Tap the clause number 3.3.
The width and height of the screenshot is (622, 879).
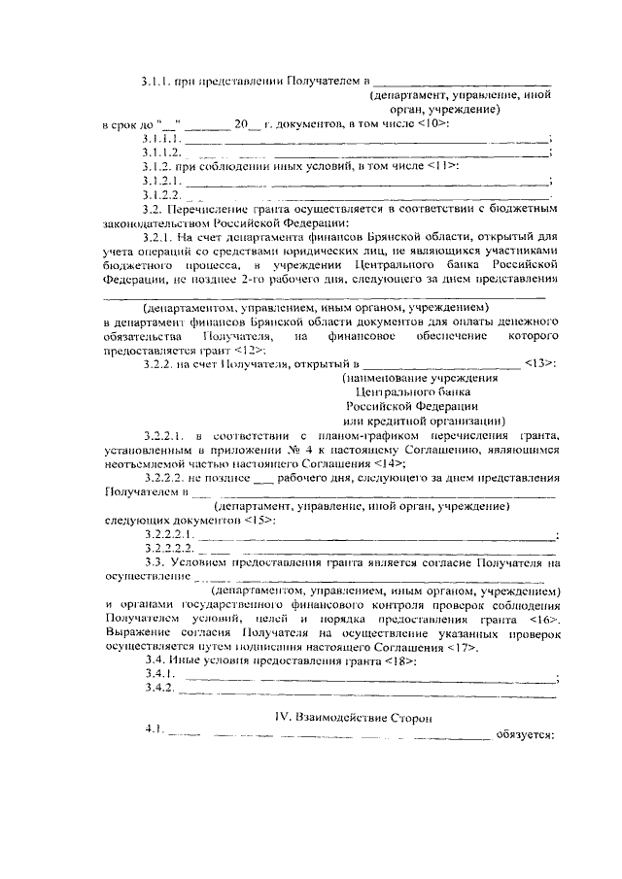coord(152,561)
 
